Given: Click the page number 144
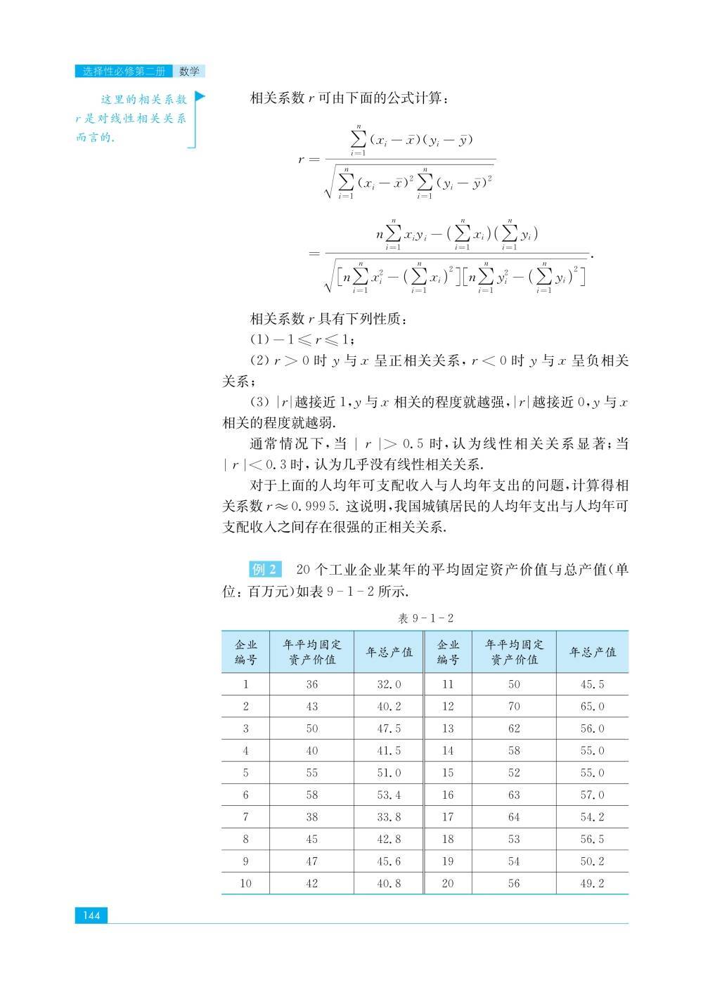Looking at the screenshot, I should pyautogui.click(x=91, y=915).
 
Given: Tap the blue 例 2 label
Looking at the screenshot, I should pyautogui.click(x=265, y=569).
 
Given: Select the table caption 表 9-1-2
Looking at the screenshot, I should pyautogui.click(x=425, y=618).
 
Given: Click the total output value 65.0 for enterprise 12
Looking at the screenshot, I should pyautogui.click(x=592, y=706).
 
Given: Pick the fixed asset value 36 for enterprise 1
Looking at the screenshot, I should pyautogui.click(x=311, y=684).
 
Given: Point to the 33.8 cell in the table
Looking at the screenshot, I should pyautogui.click(x=389, y=816).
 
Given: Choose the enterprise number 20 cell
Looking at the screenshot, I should pyautogui.click(x=448, y=883).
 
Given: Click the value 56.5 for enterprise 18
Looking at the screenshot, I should pyautogui.click(x=592, y=839).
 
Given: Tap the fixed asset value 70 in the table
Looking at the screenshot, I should pyautogui.click(x=514, y=706).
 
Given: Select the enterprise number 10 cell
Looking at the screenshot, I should pyautogui.click(x=245, y=883).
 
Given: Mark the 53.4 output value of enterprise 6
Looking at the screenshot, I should pyautogui.click(x=389, y=795).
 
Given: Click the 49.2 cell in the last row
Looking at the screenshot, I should pyautogui.click(x=592, y=883).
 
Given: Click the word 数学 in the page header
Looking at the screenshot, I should pyautogui.click(x=189, y=71).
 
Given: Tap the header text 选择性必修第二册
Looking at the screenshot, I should pyautogui.click(x=123, y=71).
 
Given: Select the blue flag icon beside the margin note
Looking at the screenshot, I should pyautogui.click(x=200, y=96).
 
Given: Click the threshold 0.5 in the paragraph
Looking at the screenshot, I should pyautogui.click(x=415, y=444).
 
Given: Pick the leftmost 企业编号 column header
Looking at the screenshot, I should pyautogui.click(x=245, y=652).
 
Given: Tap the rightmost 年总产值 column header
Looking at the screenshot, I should pyautogui.click(x=592, y=652).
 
